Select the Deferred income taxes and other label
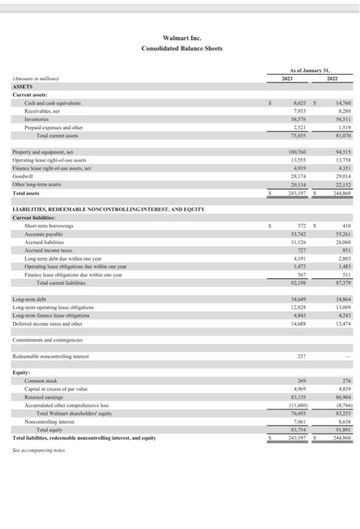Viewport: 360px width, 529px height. (x=48, y=323)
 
